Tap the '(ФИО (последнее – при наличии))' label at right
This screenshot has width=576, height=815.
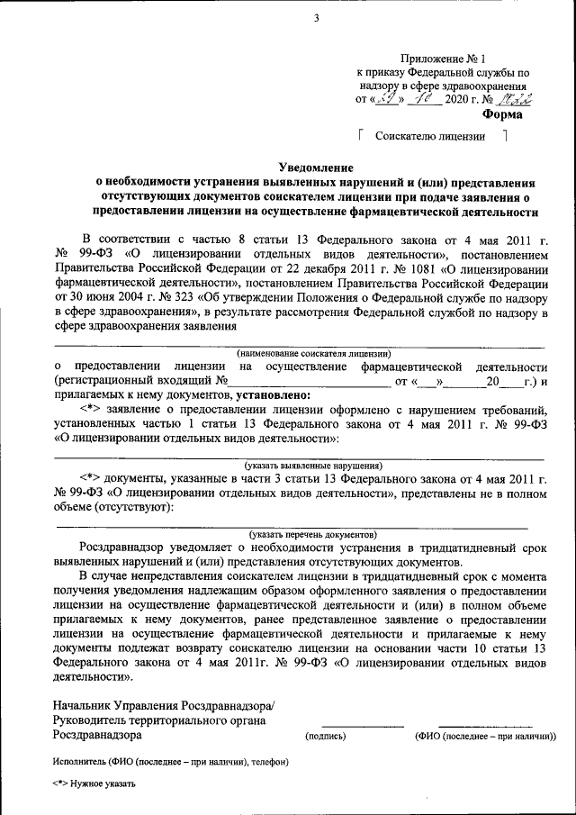click(x=485, y=736)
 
